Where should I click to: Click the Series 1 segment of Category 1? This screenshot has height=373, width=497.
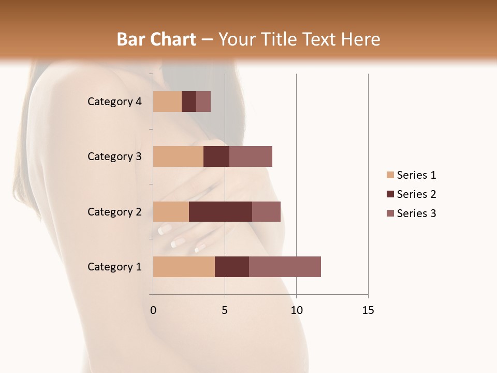click(x=184, y=267)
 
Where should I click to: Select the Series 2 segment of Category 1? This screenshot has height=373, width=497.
click(x=232, y=267)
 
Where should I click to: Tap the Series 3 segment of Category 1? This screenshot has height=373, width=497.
click(x=285, y=267)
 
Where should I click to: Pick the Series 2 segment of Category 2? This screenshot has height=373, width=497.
click(x=221, y=211)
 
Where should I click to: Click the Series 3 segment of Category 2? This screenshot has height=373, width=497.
click(x=266, y=211)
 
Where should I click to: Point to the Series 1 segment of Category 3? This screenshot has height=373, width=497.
click(x=178, y=156)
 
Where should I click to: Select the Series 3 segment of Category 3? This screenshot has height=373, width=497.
click(x=251, y=156)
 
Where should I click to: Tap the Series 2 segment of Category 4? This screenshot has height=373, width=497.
click(x=189, y=102)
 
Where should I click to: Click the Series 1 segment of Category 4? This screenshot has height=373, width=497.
click(x=167, y=102)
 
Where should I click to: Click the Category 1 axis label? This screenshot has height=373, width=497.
click(x=114, y=267)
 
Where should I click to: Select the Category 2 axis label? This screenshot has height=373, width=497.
click(x=114, y=211)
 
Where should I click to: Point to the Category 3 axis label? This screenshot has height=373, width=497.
click(x=114, y=156)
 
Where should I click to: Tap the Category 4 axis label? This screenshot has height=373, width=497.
click(x=114, y=102)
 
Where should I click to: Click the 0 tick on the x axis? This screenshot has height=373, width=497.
click(x=153, y=310)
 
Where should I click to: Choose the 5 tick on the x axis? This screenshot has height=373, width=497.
click(x=225, y=310)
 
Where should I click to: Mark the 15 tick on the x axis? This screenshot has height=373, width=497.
click(x=368, y=310)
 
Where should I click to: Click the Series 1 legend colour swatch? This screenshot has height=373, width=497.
click(x=390, y=175)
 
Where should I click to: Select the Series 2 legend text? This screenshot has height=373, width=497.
click(x=416, y=194)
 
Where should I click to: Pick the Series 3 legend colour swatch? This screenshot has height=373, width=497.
click(x=390, y=213)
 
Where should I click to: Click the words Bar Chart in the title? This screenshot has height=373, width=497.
click(x=156, y=39)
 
